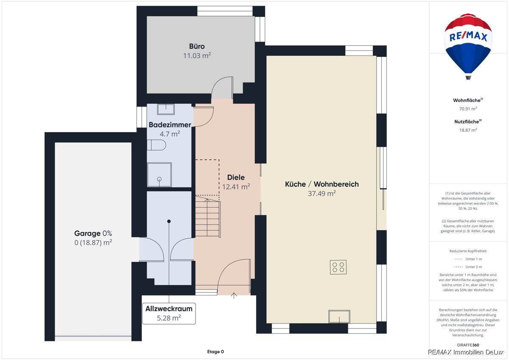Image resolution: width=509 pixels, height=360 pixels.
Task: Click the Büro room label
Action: coord(197,46)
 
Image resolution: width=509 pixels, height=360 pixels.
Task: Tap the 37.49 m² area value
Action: coord(322,194)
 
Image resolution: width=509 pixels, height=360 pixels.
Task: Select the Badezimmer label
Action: coord(170,125)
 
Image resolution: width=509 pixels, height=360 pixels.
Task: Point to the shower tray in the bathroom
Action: coord(159,174)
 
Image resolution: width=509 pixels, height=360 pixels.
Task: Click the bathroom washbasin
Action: coord(166,109)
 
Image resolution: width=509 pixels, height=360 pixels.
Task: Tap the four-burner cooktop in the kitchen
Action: coord(338,267)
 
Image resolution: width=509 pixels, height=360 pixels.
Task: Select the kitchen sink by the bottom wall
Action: coord(339,316)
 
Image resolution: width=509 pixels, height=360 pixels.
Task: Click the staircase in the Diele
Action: coord(207,219)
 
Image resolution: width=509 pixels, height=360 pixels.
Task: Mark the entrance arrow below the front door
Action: coord(234,295)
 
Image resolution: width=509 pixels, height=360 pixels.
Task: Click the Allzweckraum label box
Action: coord(169,313)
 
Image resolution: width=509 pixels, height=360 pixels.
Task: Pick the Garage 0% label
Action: coord(93,233)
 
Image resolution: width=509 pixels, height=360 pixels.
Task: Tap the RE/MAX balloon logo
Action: coord(468,45)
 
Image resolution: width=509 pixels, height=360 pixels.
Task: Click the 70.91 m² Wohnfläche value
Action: coord(468,109)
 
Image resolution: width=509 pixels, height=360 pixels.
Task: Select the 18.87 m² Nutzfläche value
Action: coord(468,130)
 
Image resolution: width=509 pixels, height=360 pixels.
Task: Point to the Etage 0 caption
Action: coord(215,352)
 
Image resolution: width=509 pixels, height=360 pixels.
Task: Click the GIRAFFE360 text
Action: coord(468,345)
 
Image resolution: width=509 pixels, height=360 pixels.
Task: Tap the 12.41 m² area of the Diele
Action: coord(236,186)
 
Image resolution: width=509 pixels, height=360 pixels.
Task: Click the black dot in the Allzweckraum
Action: coord(169,221)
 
